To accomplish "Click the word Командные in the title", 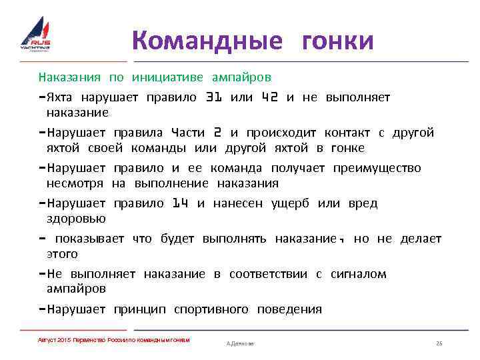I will click(207, 41).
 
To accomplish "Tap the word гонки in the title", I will click(337, 41).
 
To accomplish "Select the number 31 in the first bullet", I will click(213, 97).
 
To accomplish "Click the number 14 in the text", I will click(180, 203).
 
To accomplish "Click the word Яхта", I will click(61, 97).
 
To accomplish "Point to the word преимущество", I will click(377, 168).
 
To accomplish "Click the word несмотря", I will click(75, 183).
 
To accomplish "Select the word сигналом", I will click(358, 274).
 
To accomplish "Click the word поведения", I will click(290, 309).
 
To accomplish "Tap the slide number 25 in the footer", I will click(439, 343).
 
